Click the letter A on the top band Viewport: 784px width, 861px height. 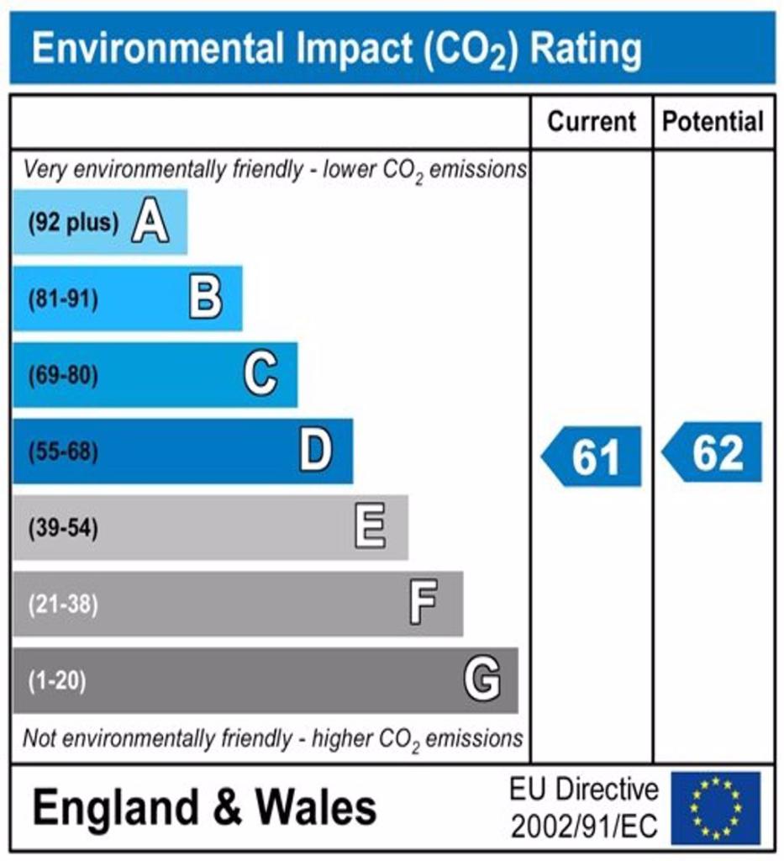coord(150,224)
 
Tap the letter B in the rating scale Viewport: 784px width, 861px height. coord(205,299)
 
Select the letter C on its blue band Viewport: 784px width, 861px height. coord(260,375)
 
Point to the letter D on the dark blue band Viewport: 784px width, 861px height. coord(316,452)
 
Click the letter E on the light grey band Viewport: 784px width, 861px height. coord(371,528)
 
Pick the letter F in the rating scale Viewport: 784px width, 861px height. coord(424,604)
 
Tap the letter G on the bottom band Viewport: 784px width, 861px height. coord(482,679)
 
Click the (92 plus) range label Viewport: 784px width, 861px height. coord(73,224)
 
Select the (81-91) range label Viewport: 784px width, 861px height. coord(64,299)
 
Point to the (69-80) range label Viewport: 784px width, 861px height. coord(64,376)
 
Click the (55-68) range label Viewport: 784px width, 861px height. coord(64,452)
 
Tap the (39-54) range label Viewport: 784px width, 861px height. coord(64,529)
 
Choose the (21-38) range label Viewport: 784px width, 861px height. coord(64,605)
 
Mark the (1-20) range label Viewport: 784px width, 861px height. coord(58,680)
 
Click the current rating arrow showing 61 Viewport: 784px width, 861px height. coord(592,457)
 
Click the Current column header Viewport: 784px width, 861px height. coord(592,122)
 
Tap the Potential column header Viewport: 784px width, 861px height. coord(713,122)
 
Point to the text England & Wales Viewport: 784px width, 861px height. coord(204,808)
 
